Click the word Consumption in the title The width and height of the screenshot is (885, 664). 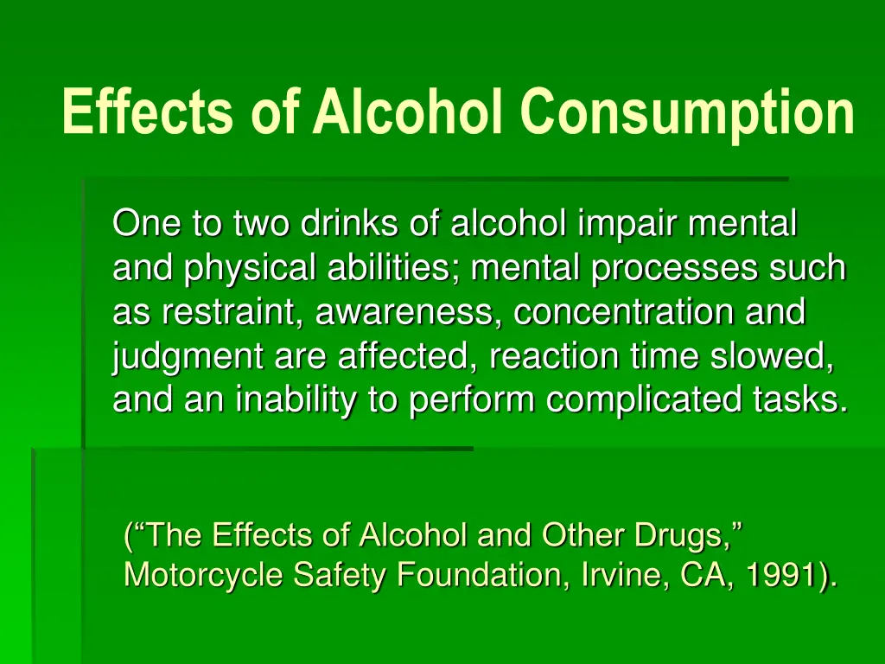(687, 113)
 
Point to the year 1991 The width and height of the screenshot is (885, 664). (784, 575)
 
